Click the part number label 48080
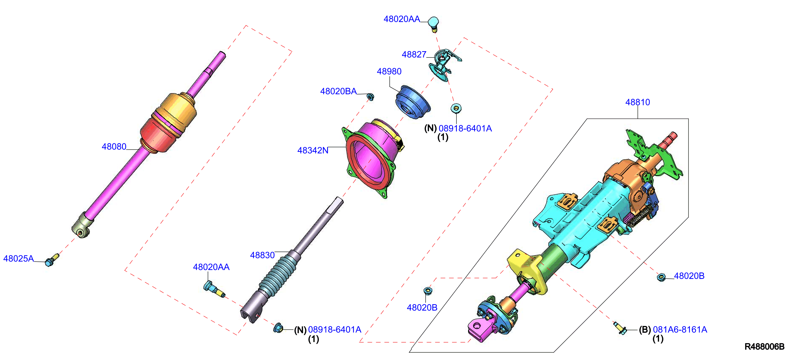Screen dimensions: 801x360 114,147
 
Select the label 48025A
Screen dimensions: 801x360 18,258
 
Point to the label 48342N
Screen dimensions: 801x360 313,150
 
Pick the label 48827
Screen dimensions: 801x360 414,54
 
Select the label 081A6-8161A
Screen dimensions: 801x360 680,329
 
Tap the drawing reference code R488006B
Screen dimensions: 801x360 764,347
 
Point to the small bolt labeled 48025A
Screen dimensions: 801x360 52,260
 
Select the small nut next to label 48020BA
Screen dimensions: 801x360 370,97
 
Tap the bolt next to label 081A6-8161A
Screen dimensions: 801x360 620,328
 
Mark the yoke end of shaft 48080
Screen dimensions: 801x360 82,226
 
